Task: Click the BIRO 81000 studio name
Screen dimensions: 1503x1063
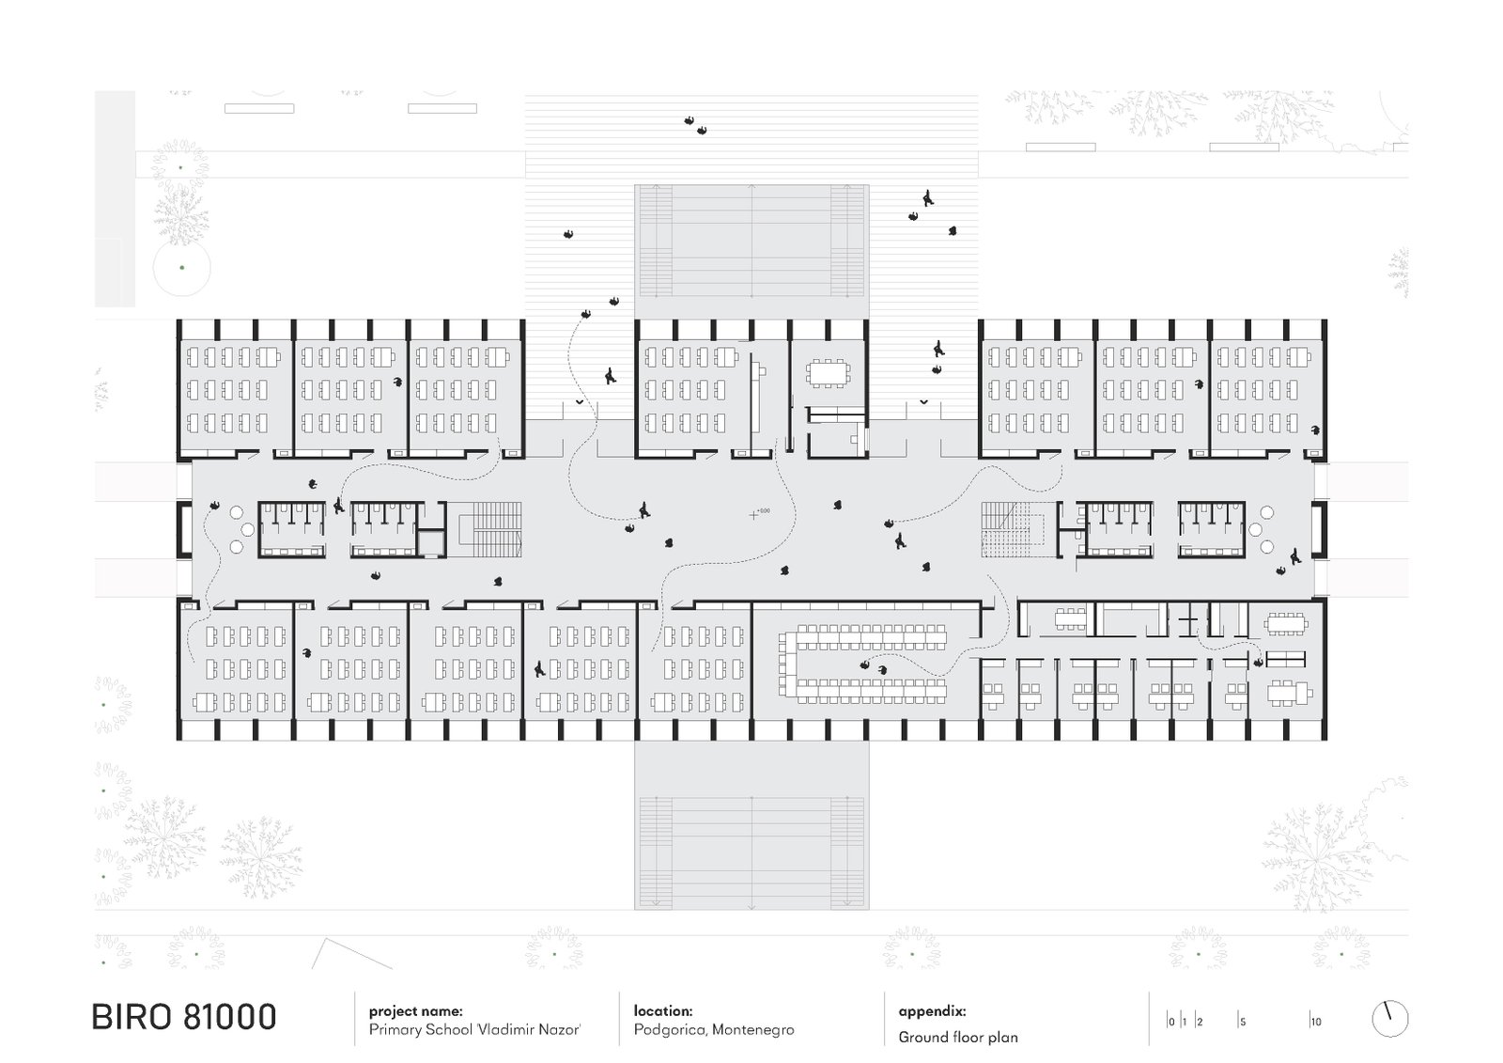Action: tap(184, 1017)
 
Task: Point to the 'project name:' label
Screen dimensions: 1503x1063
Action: tap(415, 1011)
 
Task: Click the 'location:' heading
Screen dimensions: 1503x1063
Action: tap(663, 1010)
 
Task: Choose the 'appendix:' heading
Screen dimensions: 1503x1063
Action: tap(932, 1011)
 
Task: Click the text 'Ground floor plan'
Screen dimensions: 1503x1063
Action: tap(957, 1038)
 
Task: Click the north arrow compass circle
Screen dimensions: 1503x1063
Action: tap(1389, 1019)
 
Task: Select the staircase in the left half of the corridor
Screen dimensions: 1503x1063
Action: tap(490, 529)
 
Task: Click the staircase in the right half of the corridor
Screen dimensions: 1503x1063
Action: tap(1014, 529)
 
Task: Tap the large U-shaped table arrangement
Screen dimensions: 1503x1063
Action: tap(863, 664)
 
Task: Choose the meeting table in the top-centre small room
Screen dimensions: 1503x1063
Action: tap(829, 373)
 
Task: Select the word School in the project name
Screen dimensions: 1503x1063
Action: tap(450, 1029)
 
